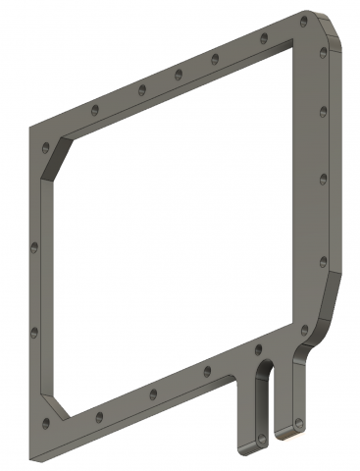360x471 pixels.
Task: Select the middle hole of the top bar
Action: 179,74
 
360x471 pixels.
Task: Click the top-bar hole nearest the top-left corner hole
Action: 93,108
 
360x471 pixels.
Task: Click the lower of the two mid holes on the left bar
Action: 33,332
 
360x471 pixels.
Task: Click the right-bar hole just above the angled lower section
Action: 323,261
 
